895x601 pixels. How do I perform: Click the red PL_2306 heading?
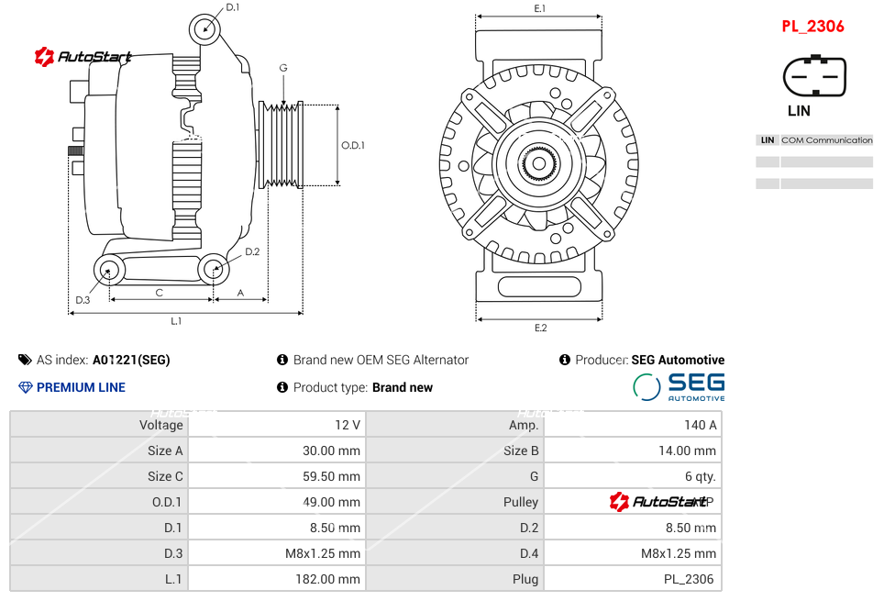[x=812, y=27]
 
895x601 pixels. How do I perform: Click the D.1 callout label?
[x=233, y=7]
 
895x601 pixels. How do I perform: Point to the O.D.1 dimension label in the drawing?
[x=353, y=145]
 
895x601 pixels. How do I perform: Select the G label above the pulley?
[x=283, y=68]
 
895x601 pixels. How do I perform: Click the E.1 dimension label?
[x=540, y=8]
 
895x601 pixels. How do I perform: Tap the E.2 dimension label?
[x=540, y=328]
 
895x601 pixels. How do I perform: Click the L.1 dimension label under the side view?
[x=176, y=320]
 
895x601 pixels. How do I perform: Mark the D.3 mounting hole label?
[x=83, y=300]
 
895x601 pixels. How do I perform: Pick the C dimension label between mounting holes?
[x=159, y=293]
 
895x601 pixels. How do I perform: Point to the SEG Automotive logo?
[x=679, y=386]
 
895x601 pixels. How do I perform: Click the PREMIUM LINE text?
[x=81, y=387]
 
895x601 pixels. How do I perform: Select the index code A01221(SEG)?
[x=131, y=360]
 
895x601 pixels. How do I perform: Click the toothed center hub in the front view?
[x=539, y=165]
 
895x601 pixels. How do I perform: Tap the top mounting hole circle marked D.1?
[x=205, y=28]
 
